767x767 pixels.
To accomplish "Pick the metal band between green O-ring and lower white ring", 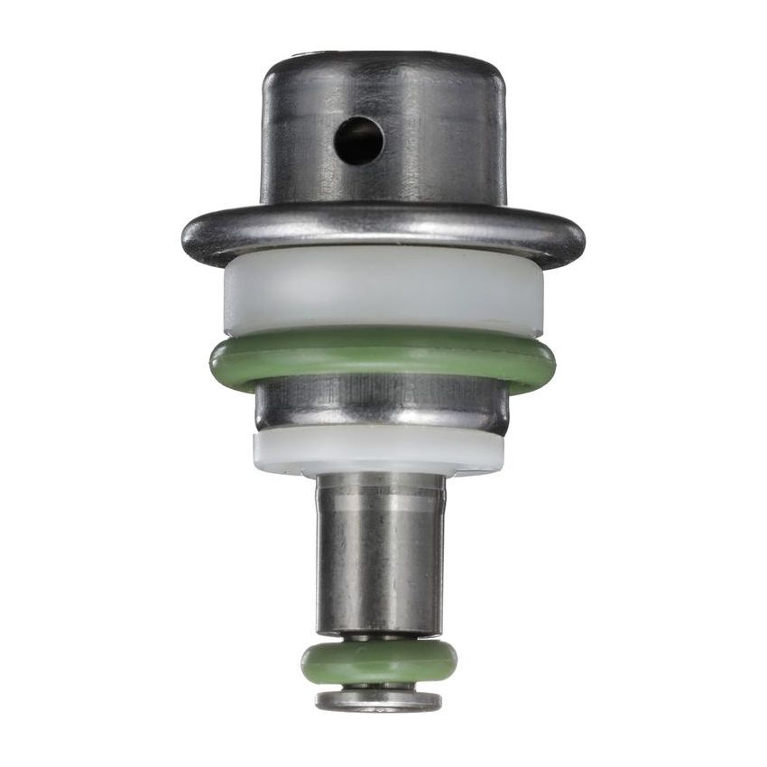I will pyautogui.click(x=383, y=404).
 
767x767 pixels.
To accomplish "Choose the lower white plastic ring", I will pyautogui.click(x=379, y=451).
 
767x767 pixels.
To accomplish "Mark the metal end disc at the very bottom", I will pyautogui.click(x=379, y=700).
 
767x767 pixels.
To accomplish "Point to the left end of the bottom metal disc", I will pyautogui.click(x=318, y=700).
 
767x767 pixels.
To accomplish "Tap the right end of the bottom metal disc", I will pyautogui.click(x=439, y=700).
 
